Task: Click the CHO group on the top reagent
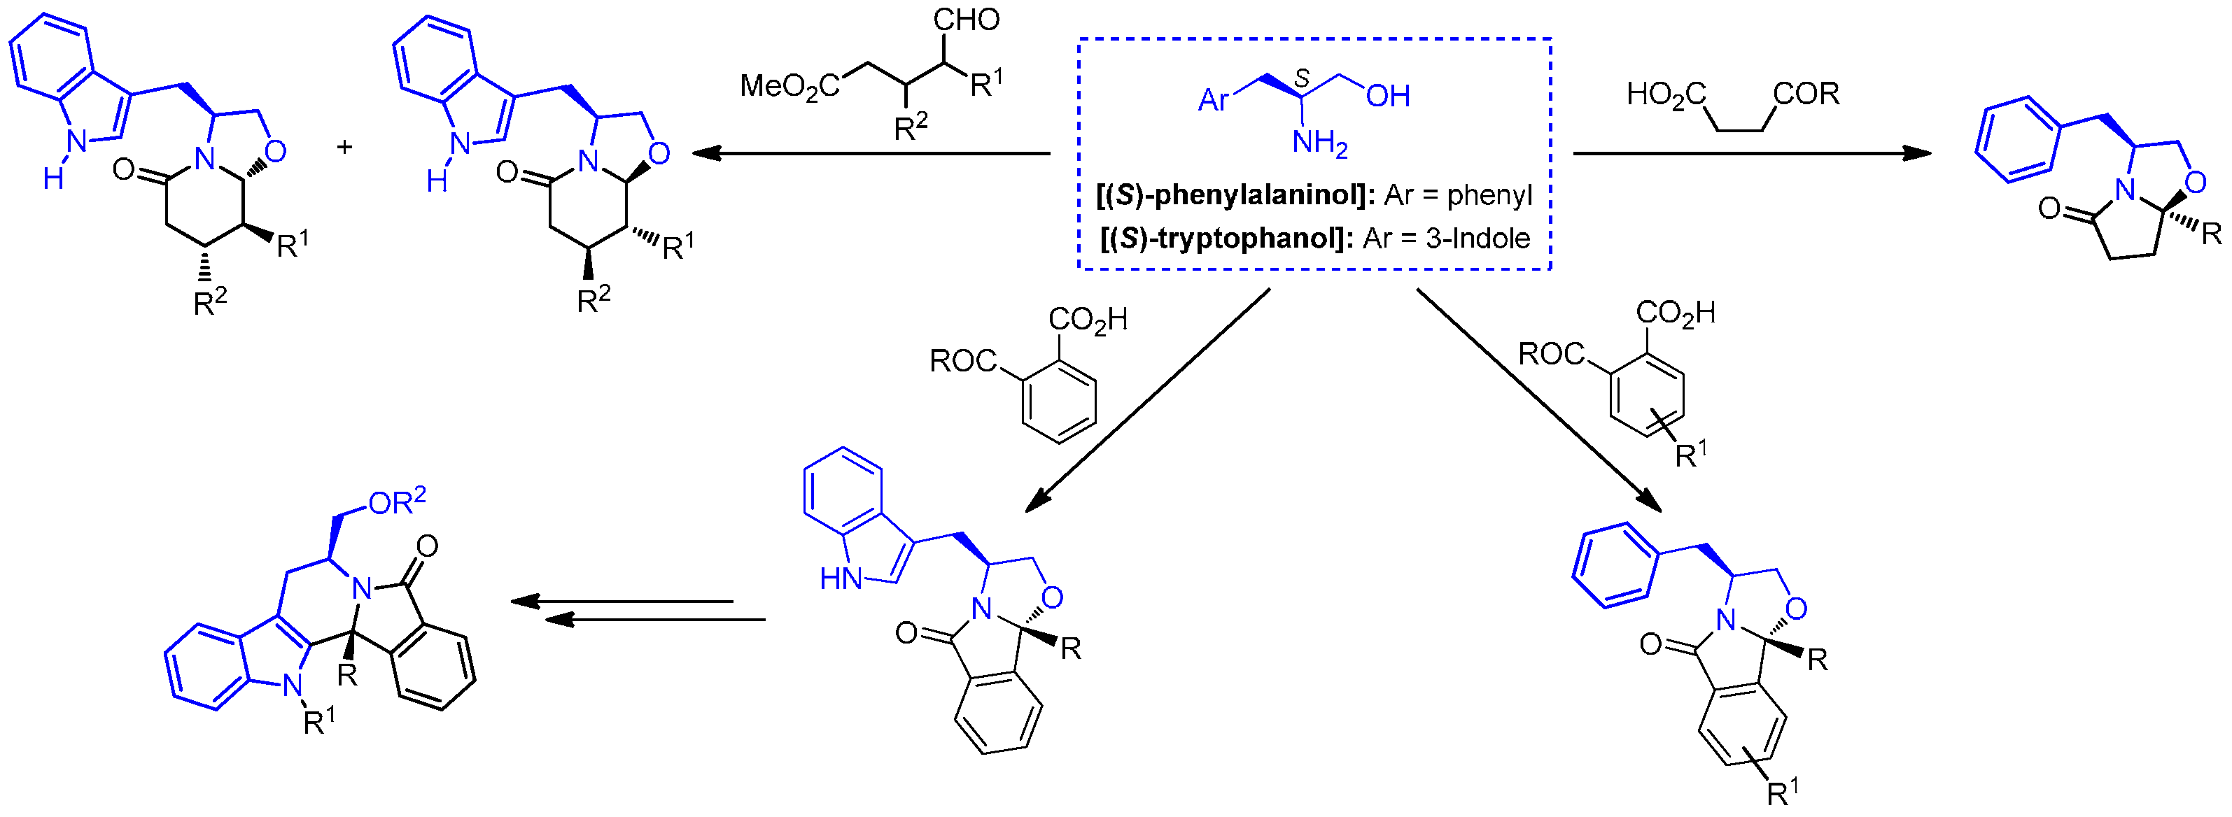[965, 19]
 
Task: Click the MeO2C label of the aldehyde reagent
[789, 87]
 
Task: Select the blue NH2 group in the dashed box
[1319, 143]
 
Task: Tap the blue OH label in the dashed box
[1387, 96]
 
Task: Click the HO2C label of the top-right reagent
[1665, 94]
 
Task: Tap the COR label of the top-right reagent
[1806, 94]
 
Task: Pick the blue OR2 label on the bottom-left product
[397, 502]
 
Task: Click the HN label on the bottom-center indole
[841, 578]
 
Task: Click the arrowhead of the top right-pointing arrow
[1916, 153]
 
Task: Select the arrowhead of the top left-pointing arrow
[707, 153]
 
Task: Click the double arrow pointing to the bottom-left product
[637, 610]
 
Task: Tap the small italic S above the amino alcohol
[1301, 80]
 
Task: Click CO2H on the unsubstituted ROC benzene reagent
[1088, 320]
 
